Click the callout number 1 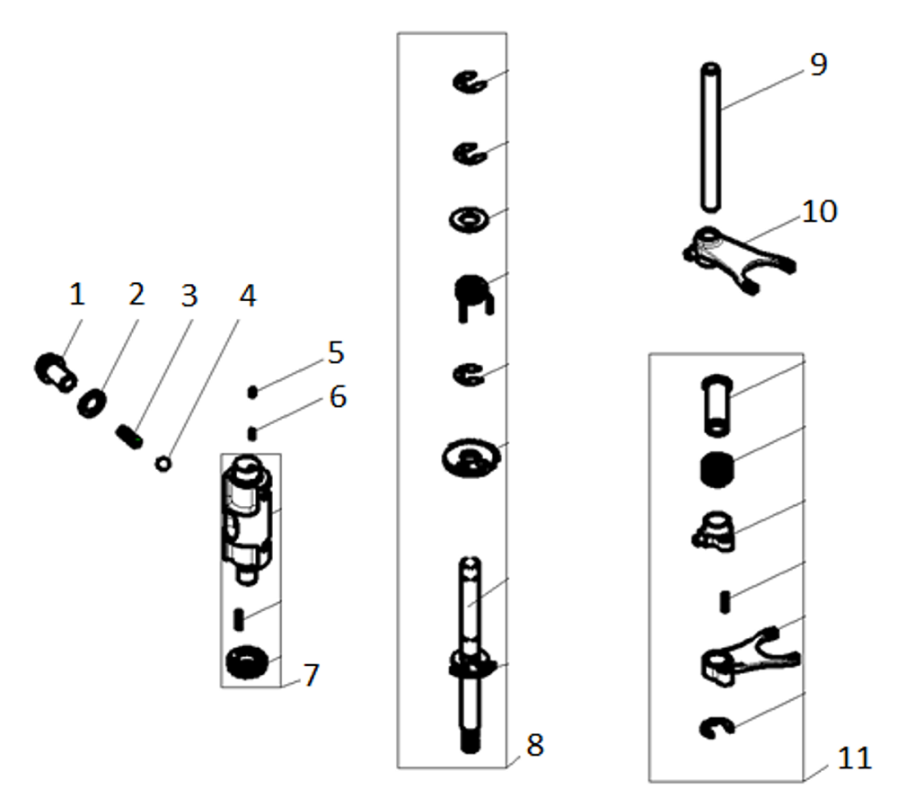77,294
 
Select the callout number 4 246,297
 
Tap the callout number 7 311,675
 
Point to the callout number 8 535,745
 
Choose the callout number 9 817,66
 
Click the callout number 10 819,212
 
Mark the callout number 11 853,758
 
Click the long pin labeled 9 712,135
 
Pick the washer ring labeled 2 91,403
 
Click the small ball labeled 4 163,464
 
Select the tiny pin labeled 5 254,392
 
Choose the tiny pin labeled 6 254,434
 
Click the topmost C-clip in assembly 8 469,83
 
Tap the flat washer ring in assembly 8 468,218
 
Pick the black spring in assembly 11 718,468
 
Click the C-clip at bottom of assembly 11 718,728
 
